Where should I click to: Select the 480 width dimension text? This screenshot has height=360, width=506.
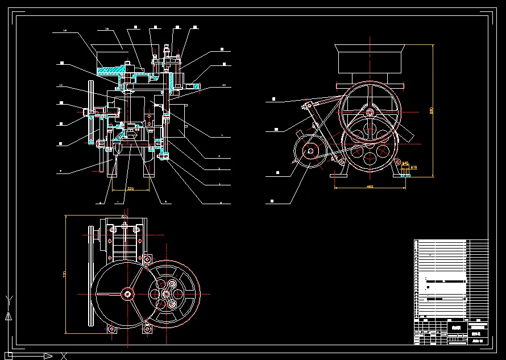pos(370,186)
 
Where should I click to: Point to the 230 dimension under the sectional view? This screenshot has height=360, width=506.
pos(130,188)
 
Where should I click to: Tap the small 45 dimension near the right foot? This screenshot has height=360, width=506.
pos(405,163)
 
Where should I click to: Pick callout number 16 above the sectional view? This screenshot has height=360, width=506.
pos(106,28)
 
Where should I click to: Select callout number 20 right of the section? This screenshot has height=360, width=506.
pos(223,85)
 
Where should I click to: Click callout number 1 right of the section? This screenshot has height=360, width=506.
pos(221,135)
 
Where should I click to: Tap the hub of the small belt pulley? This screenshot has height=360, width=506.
pos(310,151)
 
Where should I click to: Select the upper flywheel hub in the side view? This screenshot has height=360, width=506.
pos(371,112)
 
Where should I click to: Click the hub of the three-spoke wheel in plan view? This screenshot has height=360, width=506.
pos(128,293)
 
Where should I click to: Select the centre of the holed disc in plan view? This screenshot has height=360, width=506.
pos(167,294)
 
